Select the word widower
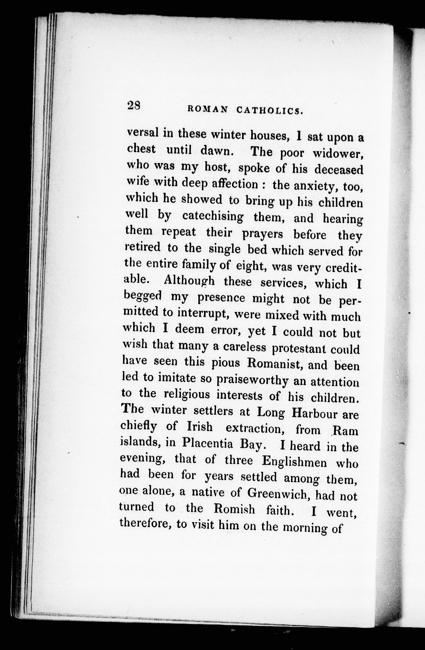[338, 154]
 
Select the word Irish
[200, 427]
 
